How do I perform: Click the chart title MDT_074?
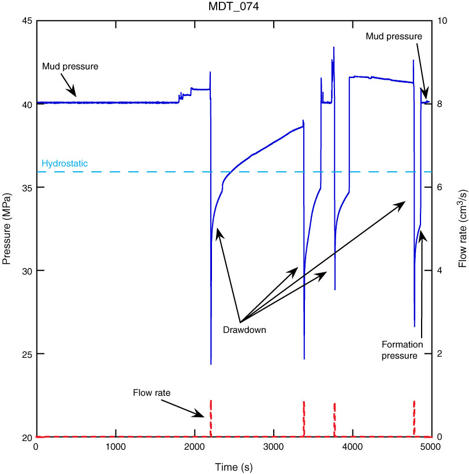(234, 7)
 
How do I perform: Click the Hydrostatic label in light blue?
(65, 164)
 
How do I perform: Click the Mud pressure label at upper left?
(70, 66)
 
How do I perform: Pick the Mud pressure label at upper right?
(394, 36)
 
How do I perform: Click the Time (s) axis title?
(233, 466)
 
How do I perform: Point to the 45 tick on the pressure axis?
(27, 21)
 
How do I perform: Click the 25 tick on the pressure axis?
(27, 354)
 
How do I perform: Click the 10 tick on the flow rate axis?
(441, 21)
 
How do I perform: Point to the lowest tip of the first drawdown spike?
(211, 364)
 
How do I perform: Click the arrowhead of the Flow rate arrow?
(203, 416)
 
